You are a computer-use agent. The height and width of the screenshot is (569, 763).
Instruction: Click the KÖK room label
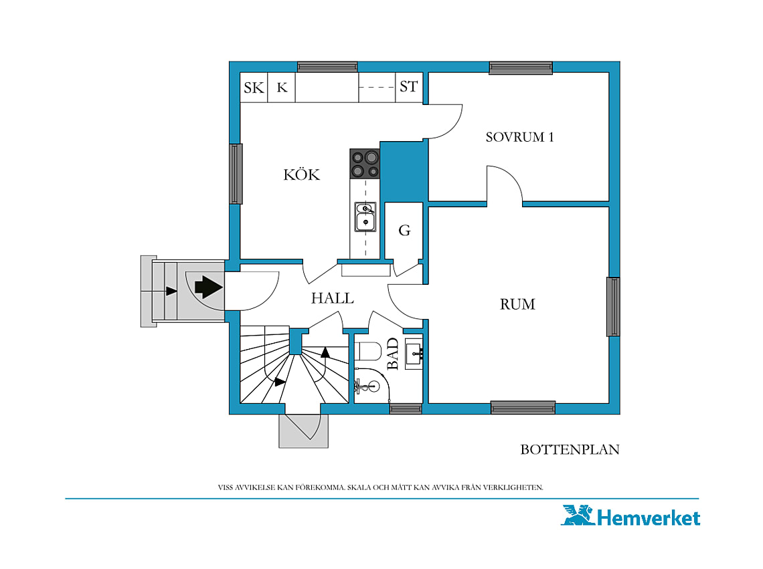coord(302,174)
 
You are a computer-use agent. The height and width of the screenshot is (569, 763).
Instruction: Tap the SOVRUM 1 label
coord(519,137)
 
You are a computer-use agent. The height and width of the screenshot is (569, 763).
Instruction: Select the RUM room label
coord(517,304)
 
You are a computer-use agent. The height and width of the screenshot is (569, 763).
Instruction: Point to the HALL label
coord(333,298)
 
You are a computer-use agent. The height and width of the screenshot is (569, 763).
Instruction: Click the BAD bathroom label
coord(393,354)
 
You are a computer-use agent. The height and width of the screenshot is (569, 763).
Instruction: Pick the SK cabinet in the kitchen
coord(254,88)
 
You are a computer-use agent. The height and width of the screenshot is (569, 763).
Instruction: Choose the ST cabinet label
coord(409,86)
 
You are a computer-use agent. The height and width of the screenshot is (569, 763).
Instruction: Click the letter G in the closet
coord(404,230)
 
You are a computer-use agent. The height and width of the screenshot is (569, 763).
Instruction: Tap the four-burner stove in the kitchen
coord(365,164)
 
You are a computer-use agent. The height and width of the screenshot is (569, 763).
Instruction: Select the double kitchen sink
coord(365,217)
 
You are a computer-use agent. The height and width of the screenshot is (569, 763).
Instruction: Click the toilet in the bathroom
coord(368,350)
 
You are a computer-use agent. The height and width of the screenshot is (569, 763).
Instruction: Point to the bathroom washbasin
coord(414,354)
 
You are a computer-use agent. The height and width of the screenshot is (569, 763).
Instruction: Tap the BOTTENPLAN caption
coord(570,449)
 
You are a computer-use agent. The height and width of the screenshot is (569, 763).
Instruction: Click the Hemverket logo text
coord(648,518)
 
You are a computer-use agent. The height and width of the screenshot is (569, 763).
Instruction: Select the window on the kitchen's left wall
coord(236,174)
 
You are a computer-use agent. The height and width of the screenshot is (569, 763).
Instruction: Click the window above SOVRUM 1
coord(521,68)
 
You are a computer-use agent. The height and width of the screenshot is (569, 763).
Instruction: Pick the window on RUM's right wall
coord(613,306)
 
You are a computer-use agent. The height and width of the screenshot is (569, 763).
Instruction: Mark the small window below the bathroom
coord(406,409)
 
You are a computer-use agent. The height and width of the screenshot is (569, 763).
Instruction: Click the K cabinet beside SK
coord(282,88)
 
